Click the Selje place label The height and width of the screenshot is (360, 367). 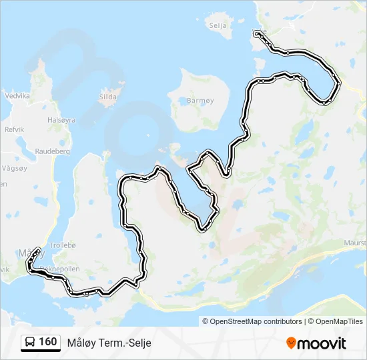218,25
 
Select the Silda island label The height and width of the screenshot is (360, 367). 107,97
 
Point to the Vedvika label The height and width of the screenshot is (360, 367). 17,96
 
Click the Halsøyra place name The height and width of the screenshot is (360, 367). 61,120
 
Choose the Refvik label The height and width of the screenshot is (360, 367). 13,129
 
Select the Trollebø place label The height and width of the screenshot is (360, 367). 63,245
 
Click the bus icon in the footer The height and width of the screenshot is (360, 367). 30,343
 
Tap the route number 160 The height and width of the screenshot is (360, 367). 47,342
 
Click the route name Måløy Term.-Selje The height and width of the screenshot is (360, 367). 109,343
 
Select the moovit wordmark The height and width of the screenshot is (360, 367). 322,343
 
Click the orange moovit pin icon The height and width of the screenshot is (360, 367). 291,343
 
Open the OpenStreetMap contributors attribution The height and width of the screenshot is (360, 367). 252,321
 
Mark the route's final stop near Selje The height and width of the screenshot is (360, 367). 257,33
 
